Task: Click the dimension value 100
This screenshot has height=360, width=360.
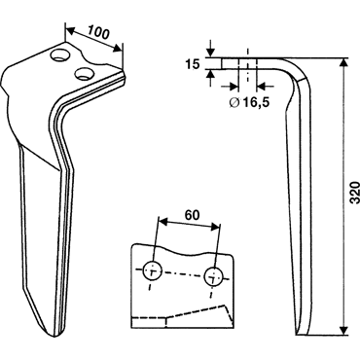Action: (x=98, y=32)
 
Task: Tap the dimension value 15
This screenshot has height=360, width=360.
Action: (x=193, y=64)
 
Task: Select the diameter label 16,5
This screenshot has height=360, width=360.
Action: (x=255, y=102)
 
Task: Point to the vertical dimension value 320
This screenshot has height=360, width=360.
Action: (x=355, y=193)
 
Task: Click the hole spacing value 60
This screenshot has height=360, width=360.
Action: (x=192, y=215)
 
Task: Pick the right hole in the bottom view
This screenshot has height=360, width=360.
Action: (x=213, y=276)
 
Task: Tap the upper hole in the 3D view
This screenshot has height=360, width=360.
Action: (x=61, y=55)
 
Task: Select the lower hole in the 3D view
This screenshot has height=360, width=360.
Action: (x=85, y=73)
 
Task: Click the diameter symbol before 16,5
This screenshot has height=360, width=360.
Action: (x=234, y=102)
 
